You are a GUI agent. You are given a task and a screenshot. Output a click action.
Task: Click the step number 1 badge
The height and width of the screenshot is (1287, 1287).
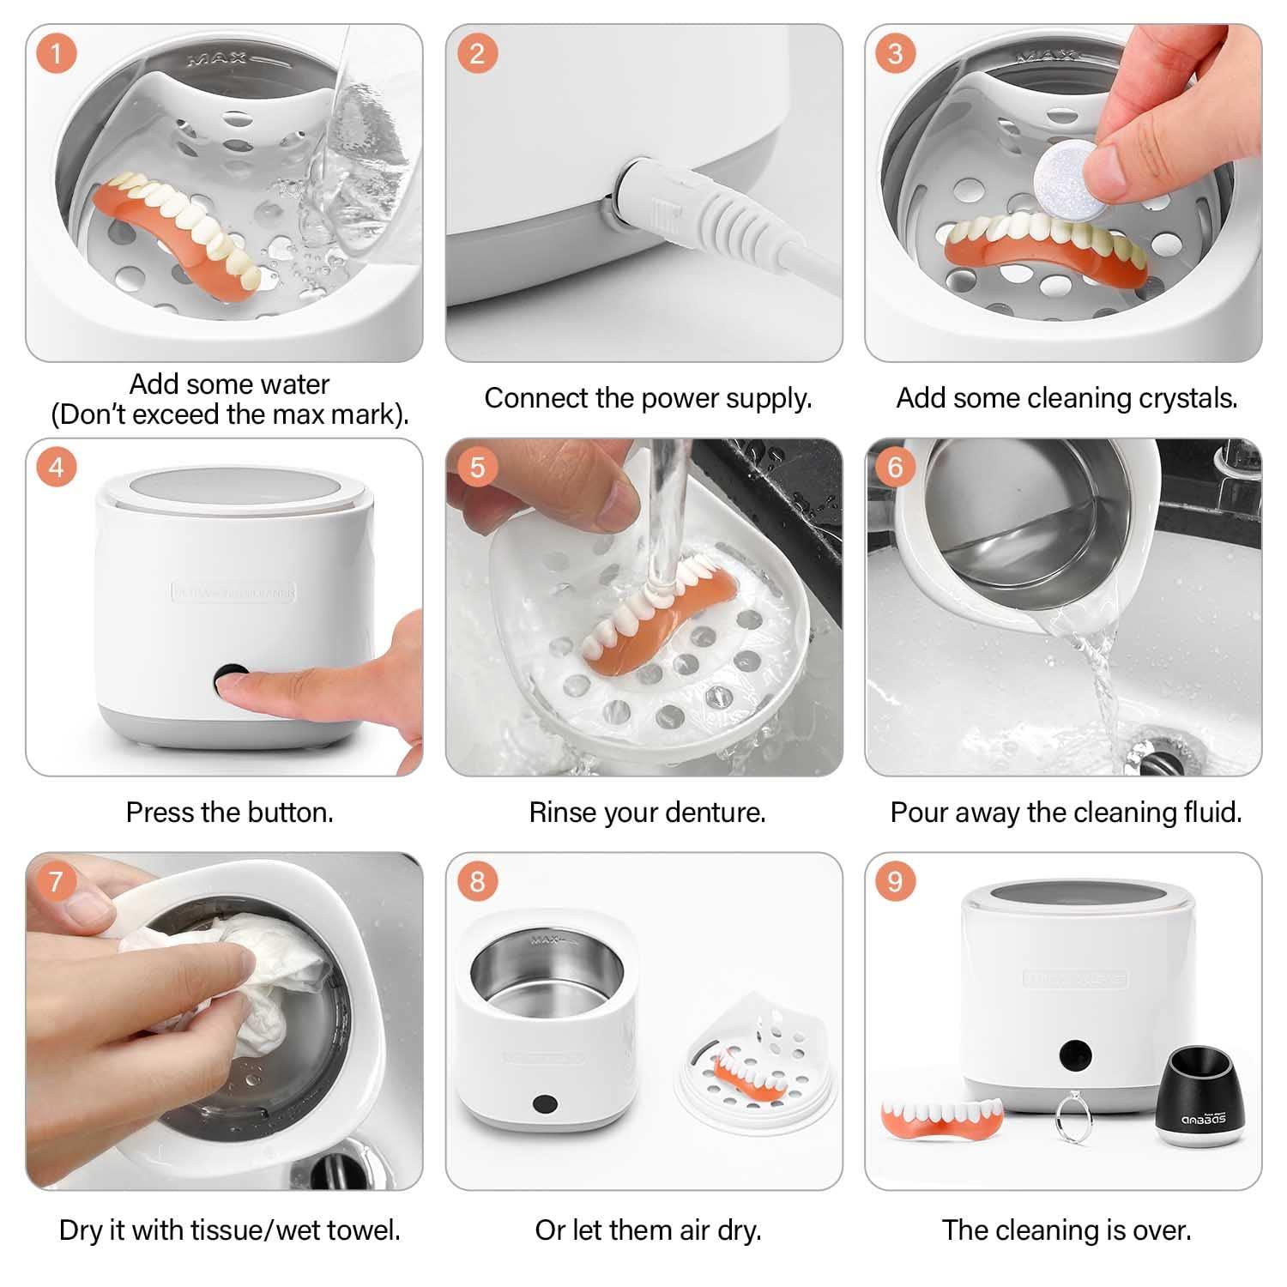coord(57,54)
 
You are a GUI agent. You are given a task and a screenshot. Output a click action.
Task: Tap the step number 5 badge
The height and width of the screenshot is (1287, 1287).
coord(478,468)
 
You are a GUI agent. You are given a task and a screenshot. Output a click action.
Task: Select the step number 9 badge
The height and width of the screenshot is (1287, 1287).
coord(896,881)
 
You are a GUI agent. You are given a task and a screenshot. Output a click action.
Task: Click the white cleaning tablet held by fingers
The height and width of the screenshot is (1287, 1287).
coord(1061,174)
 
